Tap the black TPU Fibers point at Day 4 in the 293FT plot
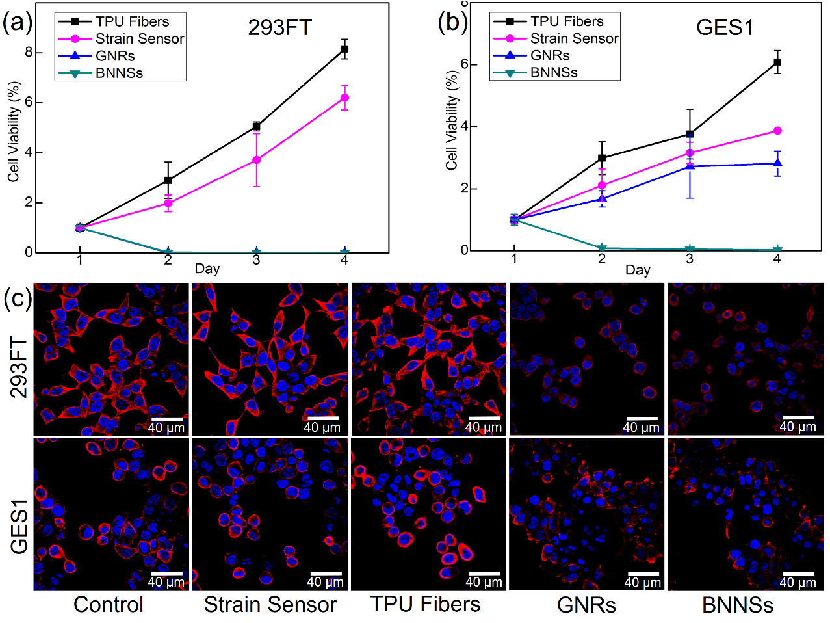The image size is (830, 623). coord(344,49)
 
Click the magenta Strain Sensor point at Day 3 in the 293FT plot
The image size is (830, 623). coord(257,159)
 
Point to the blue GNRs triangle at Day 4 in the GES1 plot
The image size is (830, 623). coord(777,163)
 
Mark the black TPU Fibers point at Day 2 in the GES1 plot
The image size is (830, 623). coord(602,158)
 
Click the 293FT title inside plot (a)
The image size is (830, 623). coord(280,27)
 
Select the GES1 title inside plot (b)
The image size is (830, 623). coord(725,27)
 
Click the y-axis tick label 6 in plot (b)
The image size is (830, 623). coord(464,64)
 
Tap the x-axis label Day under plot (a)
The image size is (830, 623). coord(207,269)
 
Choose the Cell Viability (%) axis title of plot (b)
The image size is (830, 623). coord(452,120)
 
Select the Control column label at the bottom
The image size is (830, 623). coord(109,604)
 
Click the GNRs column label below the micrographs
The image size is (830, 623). coord(586,605)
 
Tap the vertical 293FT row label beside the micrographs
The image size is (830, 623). coord(19,367)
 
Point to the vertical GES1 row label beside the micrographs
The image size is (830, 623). coord(19,527)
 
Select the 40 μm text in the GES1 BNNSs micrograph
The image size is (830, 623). coord(798,583)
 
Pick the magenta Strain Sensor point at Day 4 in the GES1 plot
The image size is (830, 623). coord(777,131)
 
